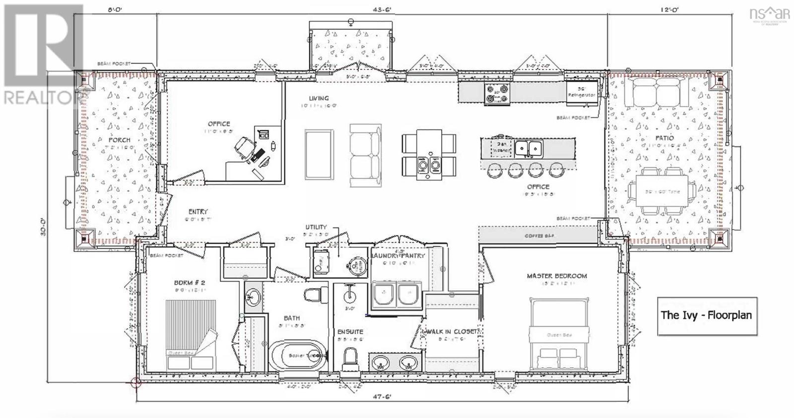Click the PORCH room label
(x=120, y=140)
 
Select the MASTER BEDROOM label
(x=557, y=276)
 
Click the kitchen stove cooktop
(x=497, y=94)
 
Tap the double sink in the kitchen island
(x=528, y=148)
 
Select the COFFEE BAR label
(x=539, y=236)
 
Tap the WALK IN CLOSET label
(x=449, y=331)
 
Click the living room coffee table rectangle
(x=318, y=154)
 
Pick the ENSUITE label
(x=350, y=331)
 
